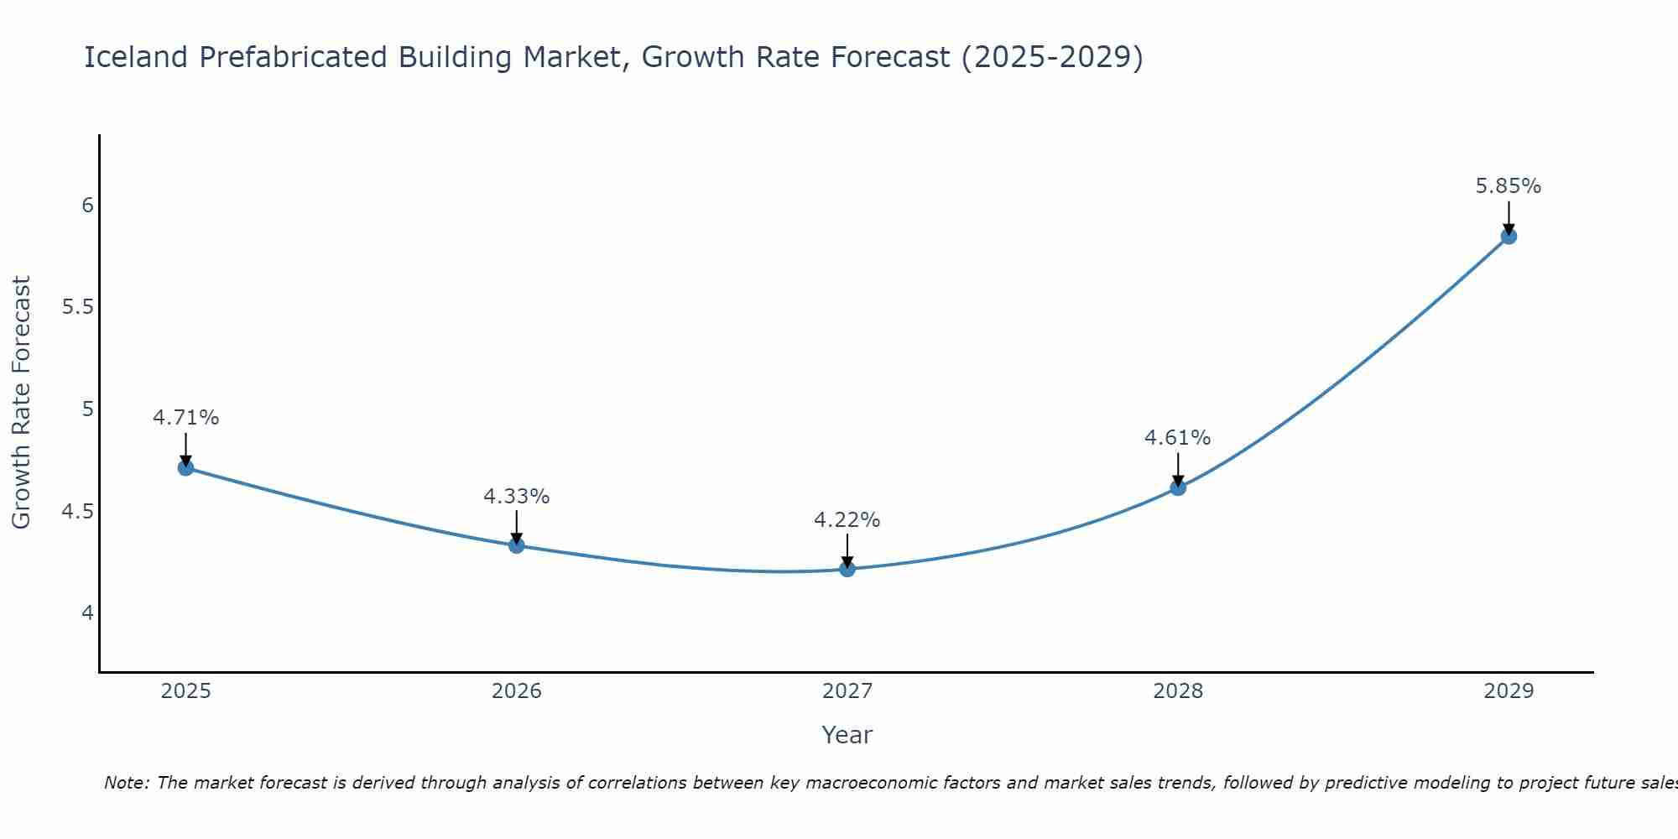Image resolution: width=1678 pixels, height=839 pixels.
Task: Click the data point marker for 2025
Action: pyautogui.click(x=186, y=467)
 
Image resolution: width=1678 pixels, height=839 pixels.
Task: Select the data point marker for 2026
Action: pyautogui.click(x=517, y=545)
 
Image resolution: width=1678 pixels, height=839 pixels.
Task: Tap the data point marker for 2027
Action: pyautogui.click(x=847, y=569)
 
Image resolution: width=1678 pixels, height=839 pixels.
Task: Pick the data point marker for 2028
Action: pyautogui.click(x=1178, y=487)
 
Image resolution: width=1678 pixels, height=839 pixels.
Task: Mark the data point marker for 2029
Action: pyautogui.click(x=1509, y=236)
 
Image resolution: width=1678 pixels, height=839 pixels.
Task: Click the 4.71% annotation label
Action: pyautogui.click(x=186, y=418)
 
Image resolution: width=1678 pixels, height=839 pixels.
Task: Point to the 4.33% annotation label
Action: pyautogui.click(x=517, y=497)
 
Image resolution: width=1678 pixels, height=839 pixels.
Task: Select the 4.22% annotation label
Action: pyautogui.click(x=847, y=520)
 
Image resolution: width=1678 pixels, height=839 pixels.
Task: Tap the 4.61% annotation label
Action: pyautogui.click(x=1178, y=438)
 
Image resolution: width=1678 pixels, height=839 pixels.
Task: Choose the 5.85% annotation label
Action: pyautogui.click(x=1509, y=186)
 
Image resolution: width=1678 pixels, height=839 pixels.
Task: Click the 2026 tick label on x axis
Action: pyautogui.click(x=517, y=691)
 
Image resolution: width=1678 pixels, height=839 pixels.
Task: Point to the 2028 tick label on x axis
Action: pyautogui.click(x=1178, y=691)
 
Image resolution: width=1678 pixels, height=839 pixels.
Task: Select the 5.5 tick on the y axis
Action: pyautogui.click(x=77, y=307)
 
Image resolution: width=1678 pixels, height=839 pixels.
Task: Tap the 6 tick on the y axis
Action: pyautogui.click(x=87, y=206)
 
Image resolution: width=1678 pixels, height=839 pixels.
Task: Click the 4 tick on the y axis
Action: pyautogui.click(x=87, y=613)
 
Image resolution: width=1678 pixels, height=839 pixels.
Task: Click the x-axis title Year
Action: pyautogui.click(x=847, y=735)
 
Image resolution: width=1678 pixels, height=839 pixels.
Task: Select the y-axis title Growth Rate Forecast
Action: pyautogui.click(x=21, y=403)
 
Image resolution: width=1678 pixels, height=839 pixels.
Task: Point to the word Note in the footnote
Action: pyautogui.click(x=126, y=783)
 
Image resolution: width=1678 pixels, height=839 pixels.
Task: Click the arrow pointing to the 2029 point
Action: pyautogui.click(x=1509, y=216)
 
